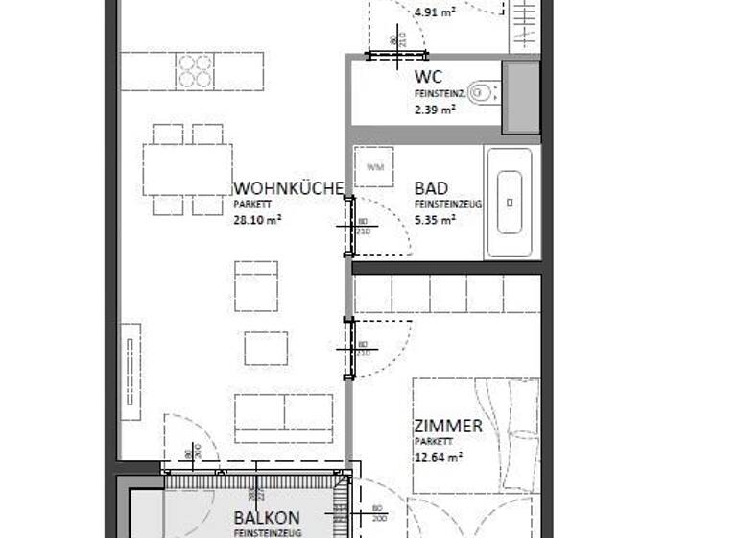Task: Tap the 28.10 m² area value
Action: click(x=257, y=219)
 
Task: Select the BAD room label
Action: click(x=431, y=188)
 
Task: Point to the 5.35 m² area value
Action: click(x=435, y=219)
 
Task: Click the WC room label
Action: click(x=428, y=77)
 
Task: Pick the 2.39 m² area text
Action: click(x=435, y=110)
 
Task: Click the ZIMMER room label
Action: click(x=448, y=426)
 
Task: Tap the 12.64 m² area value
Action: click(x=439, y=457)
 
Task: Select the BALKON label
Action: click(x=267, y=518)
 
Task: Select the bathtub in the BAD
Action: click(x=509, y=203)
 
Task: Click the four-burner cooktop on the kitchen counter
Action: click(x=195, y=71)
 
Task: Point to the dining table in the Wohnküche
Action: click(x=187, y=169)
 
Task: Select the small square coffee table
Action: click(x=266, y=348)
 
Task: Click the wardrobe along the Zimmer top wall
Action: click(x=446, y=294)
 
